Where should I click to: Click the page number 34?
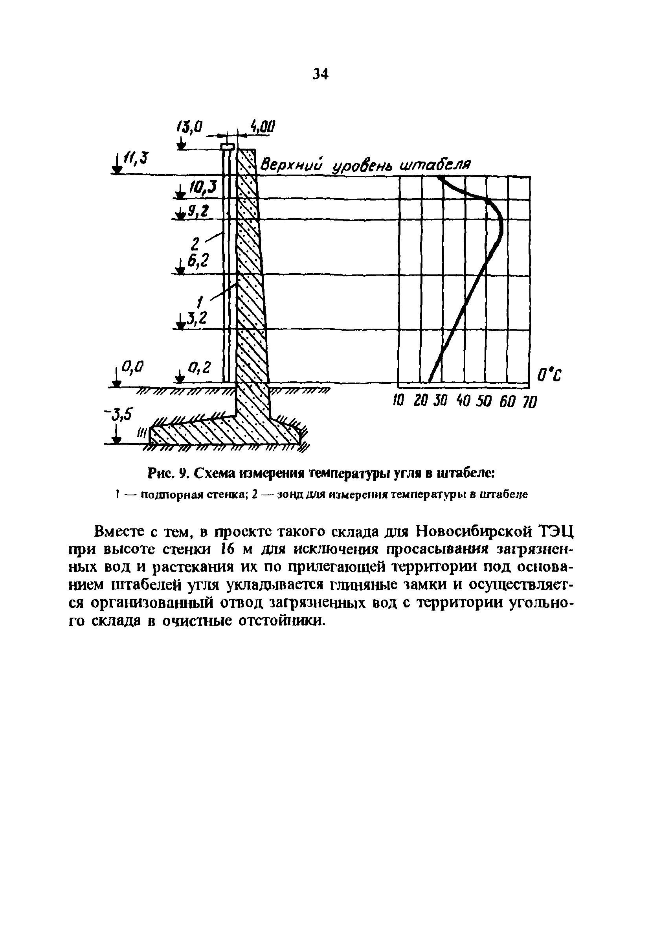(320, 74)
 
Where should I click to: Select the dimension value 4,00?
(263, 127)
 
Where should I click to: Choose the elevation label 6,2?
(198, 261)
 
